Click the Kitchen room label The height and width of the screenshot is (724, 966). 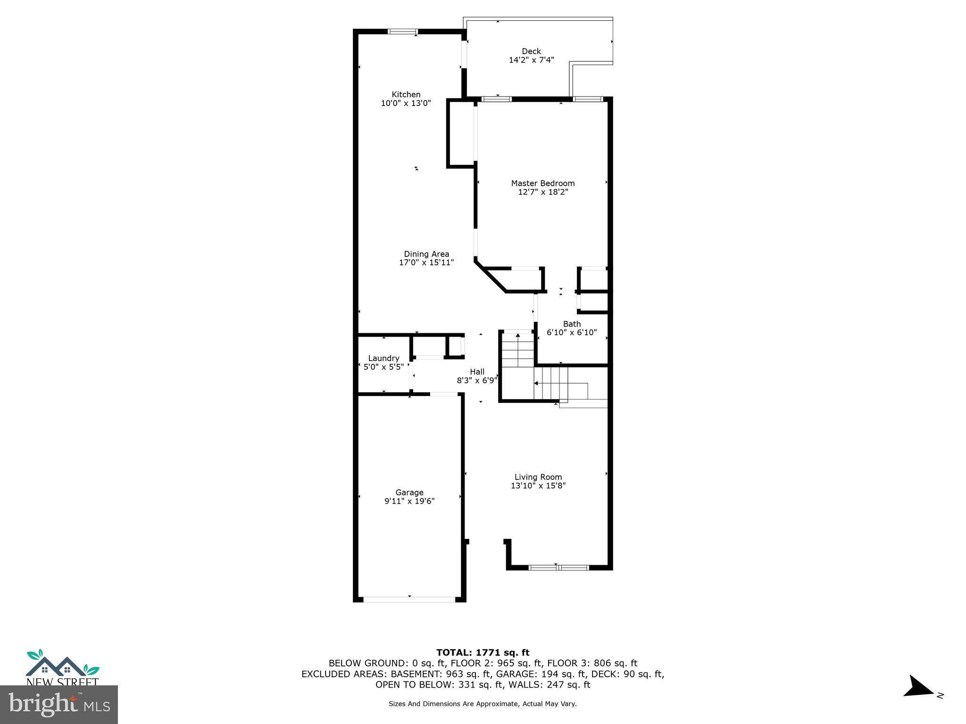[406, 94]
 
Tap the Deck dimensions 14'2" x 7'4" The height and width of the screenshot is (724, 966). [531, 60]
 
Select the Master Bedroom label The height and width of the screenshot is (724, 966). [542, 183]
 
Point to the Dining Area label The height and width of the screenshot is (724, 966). [426, 254]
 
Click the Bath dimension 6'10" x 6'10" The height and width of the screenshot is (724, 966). [572, 333]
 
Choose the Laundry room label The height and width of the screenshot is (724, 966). [383, 358]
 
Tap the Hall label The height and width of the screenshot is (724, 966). [477, 372]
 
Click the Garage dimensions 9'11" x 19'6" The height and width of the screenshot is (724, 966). [409, 502]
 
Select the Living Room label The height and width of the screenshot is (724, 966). [538, 477]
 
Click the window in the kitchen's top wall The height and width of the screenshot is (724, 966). [402, 32]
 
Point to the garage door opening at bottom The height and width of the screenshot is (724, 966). [409, 600]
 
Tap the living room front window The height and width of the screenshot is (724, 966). [558, 568]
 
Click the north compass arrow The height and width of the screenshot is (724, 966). [917, 699]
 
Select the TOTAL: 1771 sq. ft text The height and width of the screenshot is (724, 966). [483, 653]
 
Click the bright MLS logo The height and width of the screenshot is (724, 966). [59, 704]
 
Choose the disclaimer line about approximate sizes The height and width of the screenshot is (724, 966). [483, 704]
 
